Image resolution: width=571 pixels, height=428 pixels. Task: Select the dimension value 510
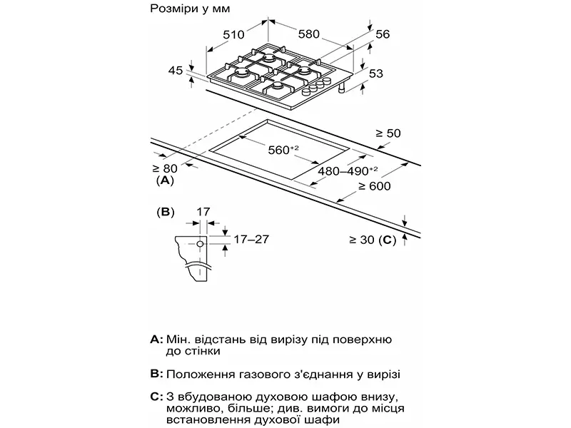tap(234, 34)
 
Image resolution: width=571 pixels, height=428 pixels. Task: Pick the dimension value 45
tap(176, 70)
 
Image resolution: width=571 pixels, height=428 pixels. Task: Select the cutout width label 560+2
tap(283, 150)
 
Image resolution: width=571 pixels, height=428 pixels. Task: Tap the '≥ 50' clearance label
tap(390, 133)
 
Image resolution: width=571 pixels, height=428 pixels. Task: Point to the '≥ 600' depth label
tap(375, 186)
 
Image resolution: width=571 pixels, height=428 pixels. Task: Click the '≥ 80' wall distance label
tap(165, 168)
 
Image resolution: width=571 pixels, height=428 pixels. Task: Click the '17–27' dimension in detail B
tap(251, 239)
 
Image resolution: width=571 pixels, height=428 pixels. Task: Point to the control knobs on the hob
tap(313, 91)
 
